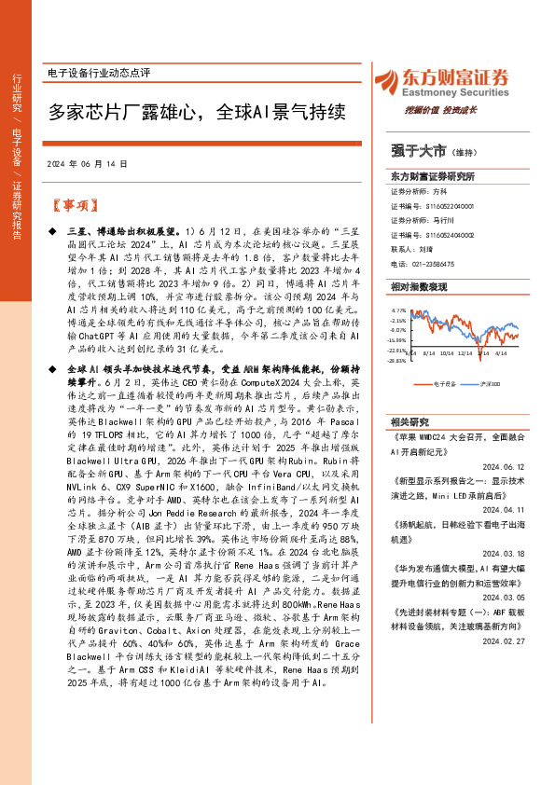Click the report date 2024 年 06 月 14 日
[x=86, y=163]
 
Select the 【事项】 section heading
[x=72, y=205]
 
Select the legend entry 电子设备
[x=444, y=383]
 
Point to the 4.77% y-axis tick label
[x=398, y=310]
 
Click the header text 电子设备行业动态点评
[x=98, y=72]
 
